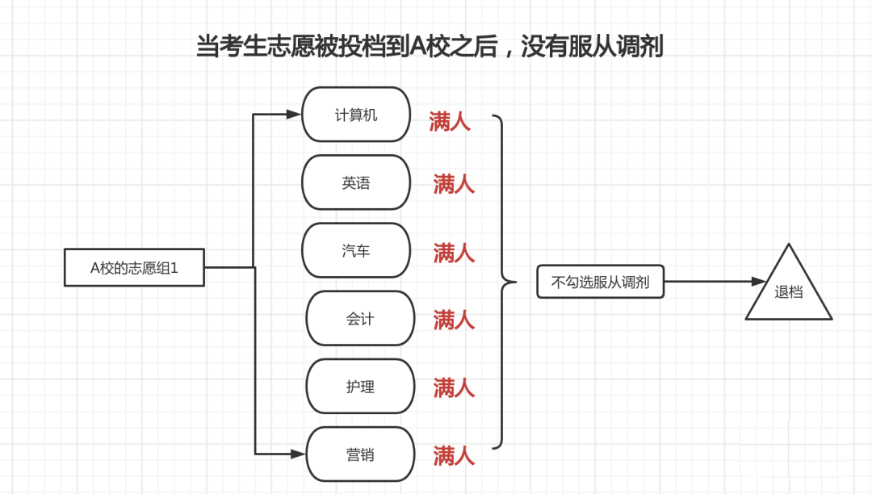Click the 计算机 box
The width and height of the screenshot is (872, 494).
point(356,115)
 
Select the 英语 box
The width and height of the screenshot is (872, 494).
point(356,183)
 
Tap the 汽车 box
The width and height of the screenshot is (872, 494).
point(356,251)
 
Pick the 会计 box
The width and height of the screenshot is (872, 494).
point(360,319)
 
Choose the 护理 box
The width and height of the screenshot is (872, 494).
point(360,387)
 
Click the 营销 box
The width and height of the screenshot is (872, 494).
point(360,454)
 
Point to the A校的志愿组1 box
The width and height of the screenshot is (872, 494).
point(134,268)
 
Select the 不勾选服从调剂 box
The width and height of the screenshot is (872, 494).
point(600,282)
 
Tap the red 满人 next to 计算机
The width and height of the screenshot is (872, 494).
point(450,123)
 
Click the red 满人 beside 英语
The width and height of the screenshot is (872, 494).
point(454,184)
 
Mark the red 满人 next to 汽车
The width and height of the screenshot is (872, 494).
point(454,253)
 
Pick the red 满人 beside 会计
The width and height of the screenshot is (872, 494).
point(454,320)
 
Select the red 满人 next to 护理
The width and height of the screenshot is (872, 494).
point(454,387)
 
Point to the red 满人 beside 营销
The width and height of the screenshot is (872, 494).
point(454,455)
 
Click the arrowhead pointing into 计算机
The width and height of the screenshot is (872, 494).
point(294,115)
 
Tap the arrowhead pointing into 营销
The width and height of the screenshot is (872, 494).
point(299,454)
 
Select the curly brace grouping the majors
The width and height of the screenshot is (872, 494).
point(505,282)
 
